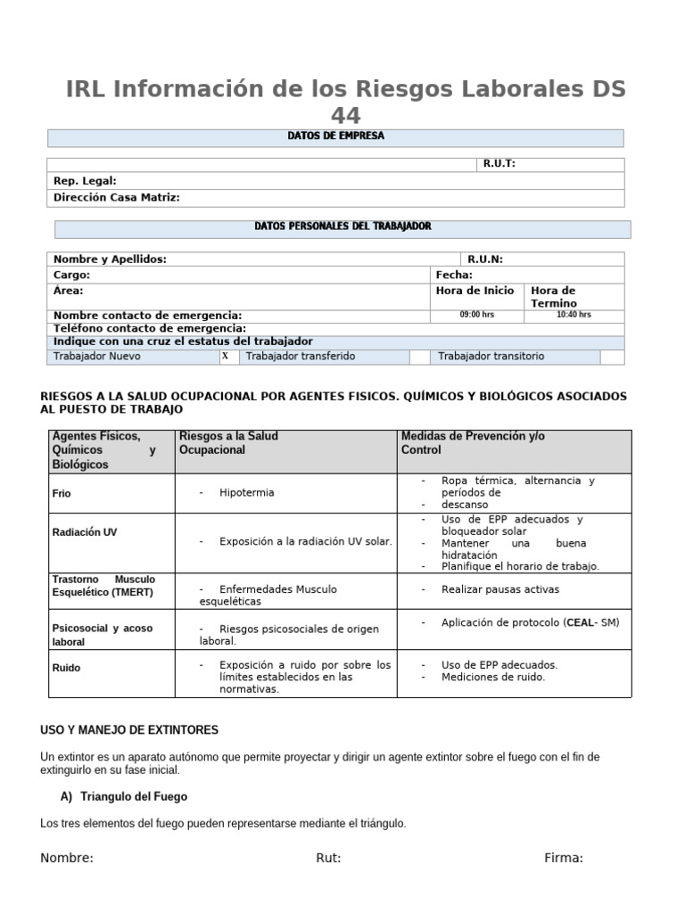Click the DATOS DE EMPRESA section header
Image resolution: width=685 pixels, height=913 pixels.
(x=335, y=136)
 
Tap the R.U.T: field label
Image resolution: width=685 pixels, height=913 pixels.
(x=499, y=164)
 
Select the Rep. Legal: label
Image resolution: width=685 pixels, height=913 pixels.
(x=85, y=181)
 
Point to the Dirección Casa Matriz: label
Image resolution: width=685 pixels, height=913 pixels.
(x=117, y=198)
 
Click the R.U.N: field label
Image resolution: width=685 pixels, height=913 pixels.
(x=485, y=259)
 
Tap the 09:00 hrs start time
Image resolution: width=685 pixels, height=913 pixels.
(x=476, y=315)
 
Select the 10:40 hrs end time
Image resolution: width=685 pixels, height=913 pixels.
(x=574, y=315)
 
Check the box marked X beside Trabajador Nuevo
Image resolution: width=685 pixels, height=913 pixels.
(x=226, y=357)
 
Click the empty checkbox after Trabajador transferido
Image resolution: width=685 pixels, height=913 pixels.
(x=420, y=357)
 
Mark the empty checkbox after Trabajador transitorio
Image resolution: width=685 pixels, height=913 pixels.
(x=612, y=357)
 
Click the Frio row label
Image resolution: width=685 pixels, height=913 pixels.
(x=62, y=493)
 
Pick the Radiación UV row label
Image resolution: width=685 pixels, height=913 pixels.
(x=85, y=532)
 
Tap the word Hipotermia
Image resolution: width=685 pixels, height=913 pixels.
(x=247, y=493)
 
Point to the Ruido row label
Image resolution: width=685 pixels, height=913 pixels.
(x=68, y=666)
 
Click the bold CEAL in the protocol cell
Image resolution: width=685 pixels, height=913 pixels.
(x=581, y=622)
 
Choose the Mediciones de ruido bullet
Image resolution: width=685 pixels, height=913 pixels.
(x=493, y=678)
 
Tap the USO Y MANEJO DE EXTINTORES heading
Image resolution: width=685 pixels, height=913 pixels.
(x=129, y=730)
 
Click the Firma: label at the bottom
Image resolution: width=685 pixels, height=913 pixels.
(x=564, y=859)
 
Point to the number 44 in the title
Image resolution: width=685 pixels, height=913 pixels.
(x=346, y=116)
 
